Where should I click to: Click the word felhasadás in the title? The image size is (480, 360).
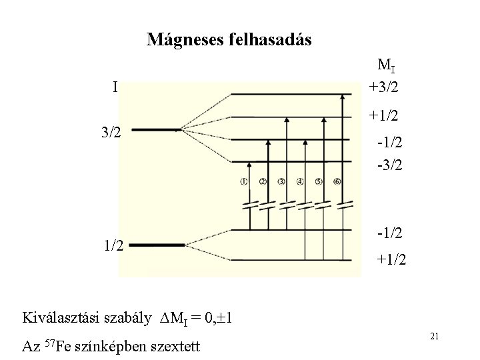tap(269, 39)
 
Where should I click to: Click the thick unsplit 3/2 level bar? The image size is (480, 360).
tap(156, 130)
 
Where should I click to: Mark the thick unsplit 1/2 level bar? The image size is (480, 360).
tap(156, 245)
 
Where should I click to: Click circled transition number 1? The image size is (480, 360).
tap(245, 181)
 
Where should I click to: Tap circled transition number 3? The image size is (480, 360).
tap(282, 181)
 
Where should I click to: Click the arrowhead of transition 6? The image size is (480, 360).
tap(343, 98)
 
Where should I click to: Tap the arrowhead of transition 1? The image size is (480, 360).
tap(249, 165)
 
